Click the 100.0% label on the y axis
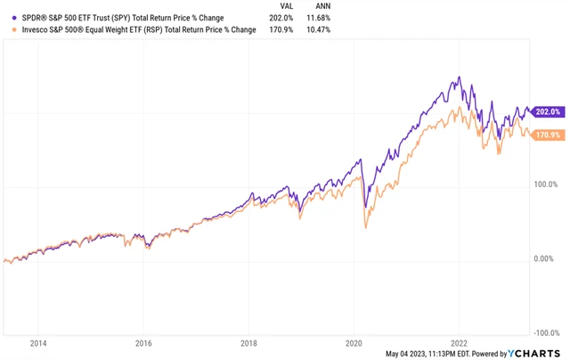546,184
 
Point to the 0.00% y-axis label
547,258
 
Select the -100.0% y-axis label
545,332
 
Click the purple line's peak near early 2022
459,78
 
